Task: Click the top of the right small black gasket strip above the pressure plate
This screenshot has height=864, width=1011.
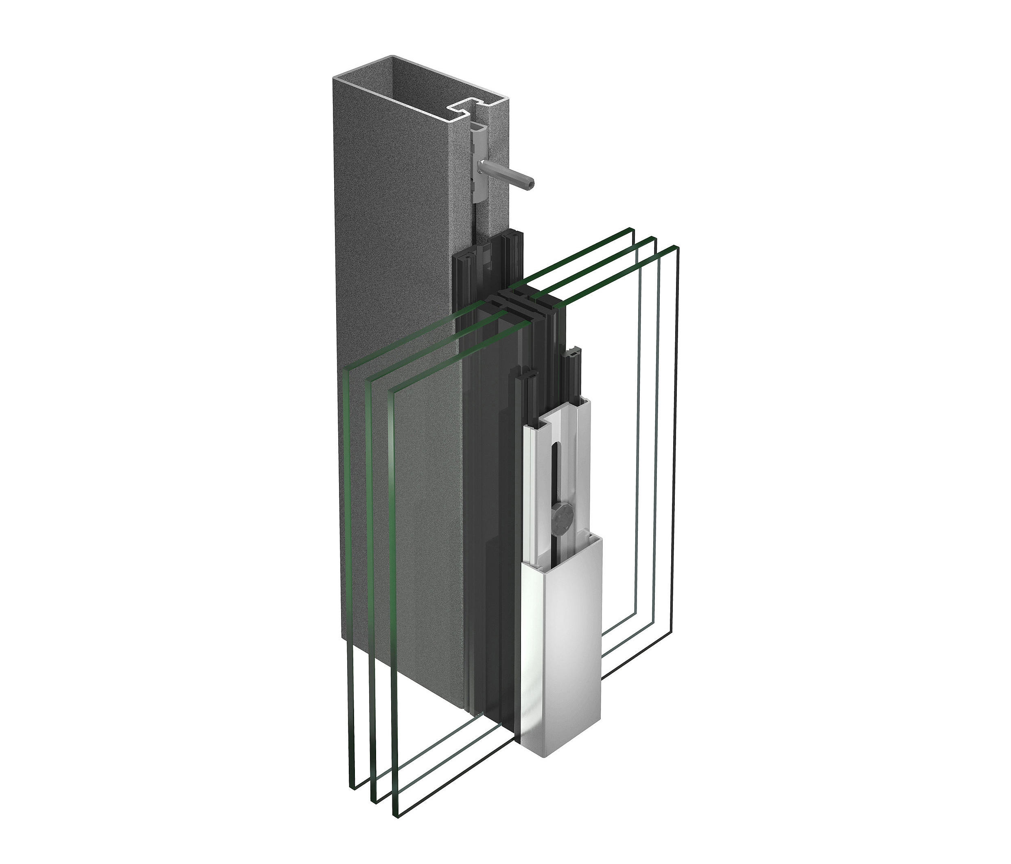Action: (572, 352)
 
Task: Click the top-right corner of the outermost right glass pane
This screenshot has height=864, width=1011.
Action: (678, 247)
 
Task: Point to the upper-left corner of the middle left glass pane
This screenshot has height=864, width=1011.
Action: (370, 381)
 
